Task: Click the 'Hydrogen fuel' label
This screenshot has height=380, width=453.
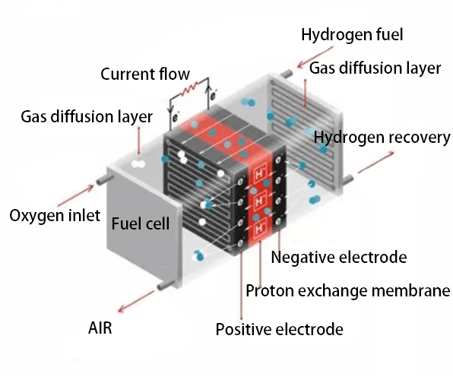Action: tap(351, 34)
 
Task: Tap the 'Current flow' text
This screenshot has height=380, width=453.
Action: tap(145, 74)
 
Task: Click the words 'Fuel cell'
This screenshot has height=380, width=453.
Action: tap(141, 224)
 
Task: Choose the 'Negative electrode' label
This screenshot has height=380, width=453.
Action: tap(338, 258)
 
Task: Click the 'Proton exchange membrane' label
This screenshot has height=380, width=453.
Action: tap(347, 290)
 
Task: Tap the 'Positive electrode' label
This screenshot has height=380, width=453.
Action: tap(279, 329)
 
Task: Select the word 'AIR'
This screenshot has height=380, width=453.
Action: tap(103, 328)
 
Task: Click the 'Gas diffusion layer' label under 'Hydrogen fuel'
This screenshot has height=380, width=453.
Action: tap(375, 68)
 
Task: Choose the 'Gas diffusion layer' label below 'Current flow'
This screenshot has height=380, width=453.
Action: tap(86, 117)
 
